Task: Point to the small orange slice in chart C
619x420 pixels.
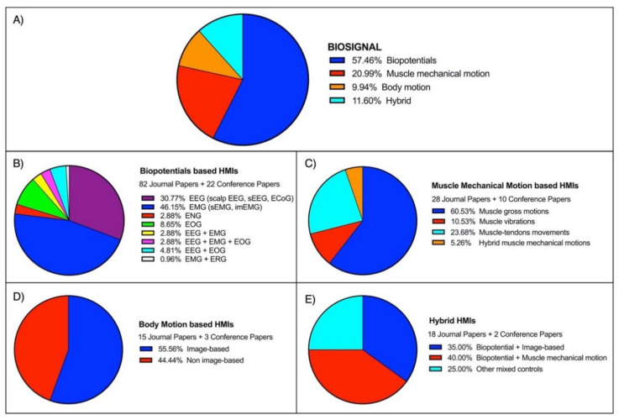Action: [x=355, y=176]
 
